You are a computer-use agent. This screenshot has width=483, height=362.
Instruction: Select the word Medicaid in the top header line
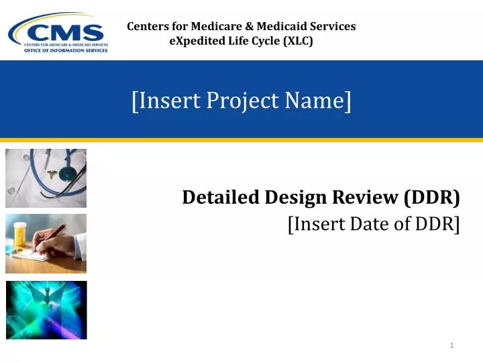(272, 27)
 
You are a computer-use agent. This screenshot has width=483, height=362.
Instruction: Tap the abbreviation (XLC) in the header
(299, 41)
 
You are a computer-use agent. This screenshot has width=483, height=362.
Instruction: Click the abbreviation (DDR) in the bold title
(433, 197)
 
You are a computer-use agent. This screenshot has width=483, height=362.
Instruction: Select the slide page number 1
(452, 345)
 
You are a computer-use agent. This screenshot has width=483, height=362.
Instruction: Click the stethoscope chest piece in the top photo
(68, 174)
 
